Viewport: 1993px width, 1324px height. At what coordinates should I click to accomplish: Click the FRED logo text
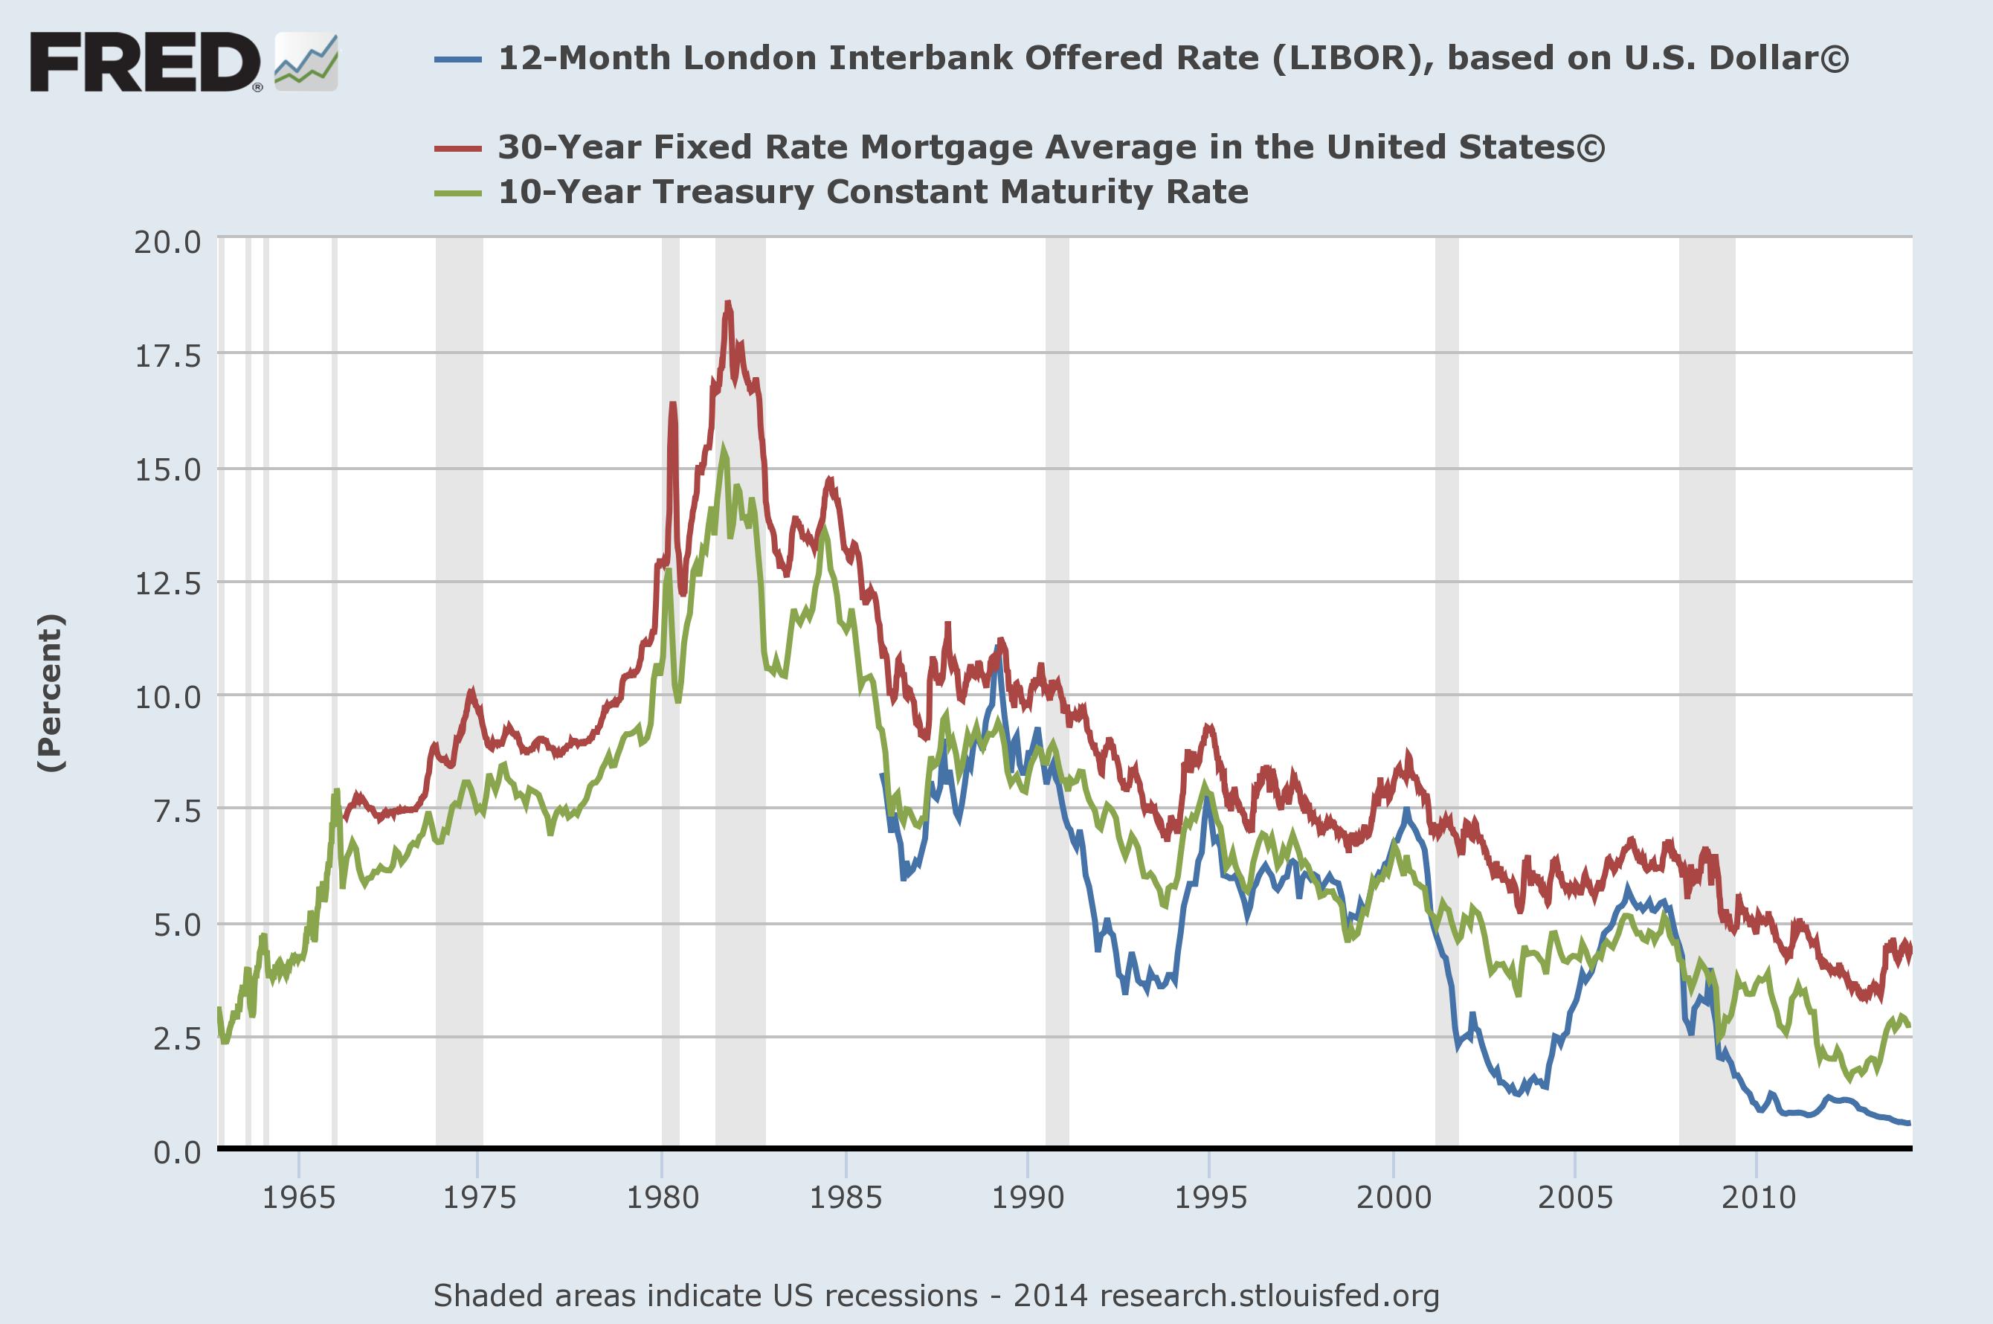(145, 62)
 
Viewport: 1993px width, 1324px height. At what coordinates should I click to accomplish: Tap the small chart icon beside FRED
(306, 62)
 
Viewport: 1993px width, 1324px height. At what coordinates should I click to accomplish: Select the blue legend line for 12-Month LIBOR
(457, 59)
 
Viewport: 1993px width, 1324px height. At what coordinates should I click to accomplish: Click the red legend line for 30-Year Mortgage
(457, 149)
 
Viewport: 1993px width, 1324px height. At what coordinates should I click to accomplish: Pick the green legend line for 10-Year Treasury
(457, 193)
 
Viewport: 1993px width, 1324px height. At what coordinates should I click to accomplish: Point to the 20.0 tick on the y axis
(168, 243)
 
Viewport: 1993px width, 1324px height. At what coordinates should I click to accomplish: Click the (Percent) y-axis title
(51, 692)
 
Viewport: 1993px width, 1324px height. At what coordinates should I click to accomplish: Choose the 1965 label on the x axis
(298, 1198)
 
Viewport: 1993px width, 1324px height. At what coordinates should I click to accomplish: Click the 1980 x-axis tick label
(662, 1198)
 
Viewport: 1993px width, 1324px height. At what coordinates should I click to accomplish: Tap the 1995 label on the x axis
(1210, 1198)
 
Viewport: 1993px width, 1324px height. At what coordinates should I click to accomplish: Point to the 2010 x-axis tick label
(1757, 1198)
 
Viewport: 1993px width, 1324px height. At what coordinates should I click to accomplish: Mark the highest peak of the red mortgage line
(727, 302)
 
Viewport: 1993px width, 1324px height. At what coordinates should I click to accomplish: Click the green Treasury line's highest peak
(724, 449)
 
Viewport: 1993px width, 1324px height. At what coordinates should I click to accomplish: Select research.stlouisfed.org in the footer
(1269, 1295)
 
